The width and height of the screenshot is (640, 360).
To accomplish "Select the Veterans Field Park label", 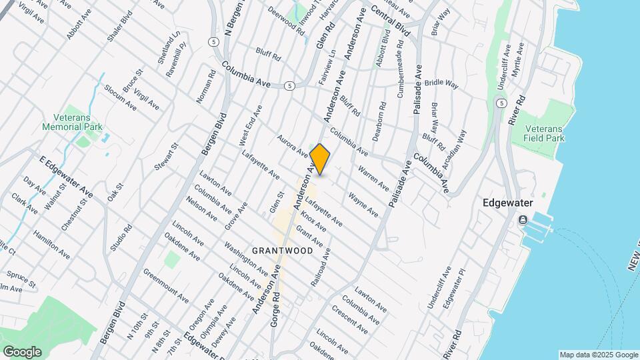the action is click(x=545, y=133).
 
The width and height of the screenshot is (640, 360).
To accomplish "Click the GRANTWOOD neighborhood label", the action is click(x=283, y=251).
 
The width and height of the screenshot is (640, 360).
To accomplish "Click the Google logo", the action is click(x=22, y=351).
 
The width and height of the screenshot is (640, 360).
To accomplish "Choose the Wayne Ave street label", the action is click(x=363, y=205).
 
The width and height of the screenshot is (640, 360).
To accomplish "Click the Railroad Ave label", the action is click(x=320, y=267).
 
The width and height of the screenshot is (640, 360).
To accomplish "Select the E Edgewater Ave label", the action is click(x=66, y=177).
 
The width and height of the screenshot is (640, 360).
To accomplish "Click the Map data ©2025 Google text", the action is click(x=598, y=355).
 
